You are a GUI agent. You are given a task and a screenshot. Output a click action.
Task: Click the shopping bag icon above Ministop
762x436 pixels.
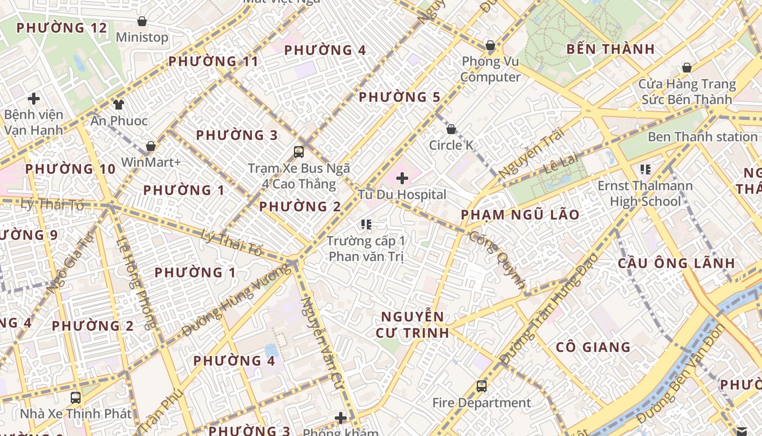coord(142,22)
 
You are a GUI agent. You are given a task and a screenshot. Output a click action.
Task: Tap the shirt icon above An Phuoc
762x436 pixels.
coord(119,105)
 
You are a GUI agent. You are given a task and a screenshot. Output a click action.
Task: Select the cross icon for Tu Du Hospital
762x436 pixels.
coord(402,178)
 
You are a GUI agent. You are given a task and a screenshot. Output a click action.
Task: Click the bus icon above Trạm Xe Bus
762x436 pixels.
coord(299,152)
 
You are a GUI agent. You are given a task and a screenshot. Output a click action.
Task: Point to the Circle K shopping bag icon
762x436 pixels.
coord(451,130)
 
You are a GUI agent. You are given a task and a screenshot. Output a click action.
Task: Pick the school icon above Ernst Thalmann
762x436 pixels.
coord(646,169)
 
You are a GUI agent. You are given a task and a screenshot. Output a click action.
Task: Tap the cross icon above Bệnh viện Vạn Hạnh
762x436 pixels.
coord(34,99)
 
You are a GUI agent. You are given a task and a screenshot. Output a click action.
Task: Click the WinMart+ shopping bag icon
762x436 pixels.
coord(151,147)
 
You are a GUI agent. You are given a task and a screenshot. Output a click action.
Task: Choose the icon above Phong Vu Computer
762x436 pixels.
coord(490,46)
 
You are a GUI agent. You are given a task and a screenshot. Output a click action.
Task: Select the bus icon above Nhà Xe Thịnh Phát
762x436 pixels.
coord(76,397)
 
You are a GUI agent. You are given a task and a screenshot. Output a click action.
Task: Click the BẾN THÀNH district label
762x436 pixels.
coord(611,49)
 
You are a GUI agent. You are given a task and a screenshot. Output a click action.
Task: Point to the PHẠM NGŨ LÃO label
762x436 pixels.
coord(520,215)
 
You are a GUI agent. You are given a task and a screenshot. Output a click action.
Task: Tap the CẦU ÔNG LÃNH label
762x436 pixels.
coord(677,263)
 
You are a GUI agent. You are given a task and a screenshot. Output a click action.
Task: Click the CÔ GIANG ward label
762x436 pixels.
coord(593,347)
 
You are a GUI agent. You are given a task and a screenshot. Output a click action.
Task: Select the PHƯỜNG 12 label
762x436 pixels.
coord(62,28)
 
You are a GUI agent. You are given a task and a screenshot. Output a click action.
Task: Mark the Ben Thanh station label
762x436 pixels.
coord(702,137)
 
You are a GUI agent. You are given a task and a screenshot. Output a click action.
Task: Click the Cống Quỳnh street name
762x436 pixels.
coord(498,259)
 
